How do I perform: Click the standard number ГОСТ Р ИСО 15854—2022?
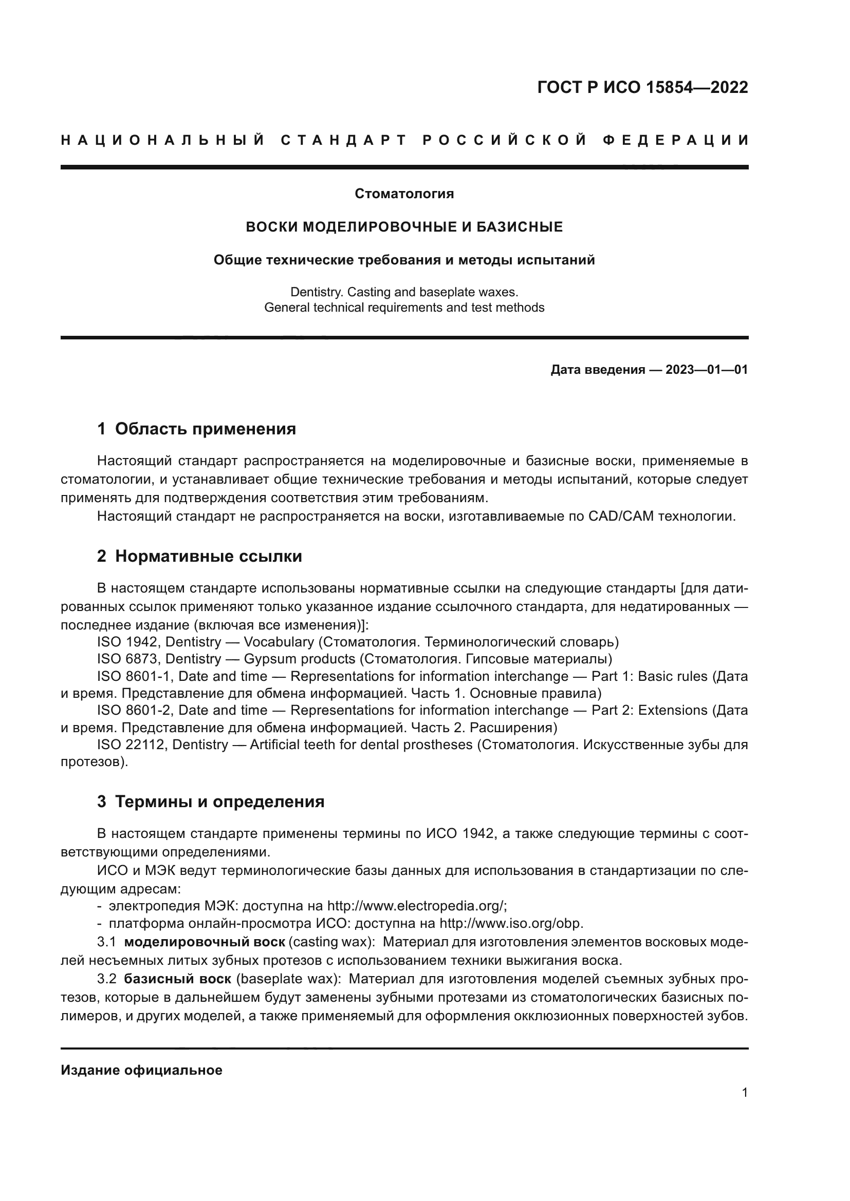642,87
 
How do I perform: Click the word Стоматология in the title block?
404,194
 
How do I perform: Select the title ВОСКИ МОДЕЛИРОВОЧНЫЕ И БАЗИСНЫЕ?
404,227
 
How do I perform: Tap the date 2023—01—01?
706,370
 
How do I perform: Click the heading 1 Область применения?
196,429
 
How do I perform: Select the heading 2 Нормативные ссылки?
199,556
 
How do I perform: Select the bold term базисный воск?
177,979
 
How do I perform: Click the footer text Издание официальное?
141,1070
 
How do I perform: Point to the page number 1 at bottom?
745,1093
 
